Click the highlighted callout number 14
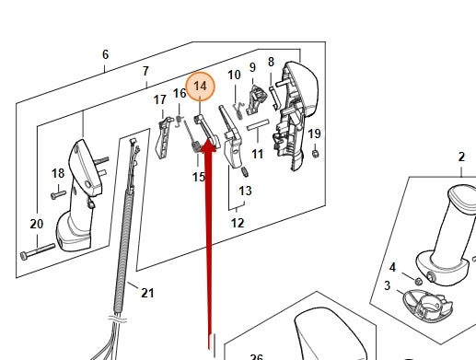(x=201, y=87)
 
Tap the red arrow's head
(x=209, y=145)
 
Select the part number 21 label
(x=147, y=293)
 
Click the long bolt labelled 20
(x=38, y=251)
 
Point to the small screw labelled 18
(x=58, y=194)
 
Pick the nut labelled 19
(x=315, y=153)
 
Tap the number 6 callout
(x=105, y=54)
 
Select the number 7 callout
(x=145, y=71)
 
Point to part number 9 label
(x=252, y=67)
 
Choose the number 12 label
(x=238, y=223)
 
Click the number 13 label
(x=245, y=191)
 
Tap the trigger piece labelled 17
(x=165, y=137)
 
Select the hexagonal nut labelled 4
(x=417, y=281)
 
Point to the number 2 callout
(x=461, y=157)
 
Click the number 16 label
(x=180, y=93)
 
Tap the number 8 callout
(x=271, y=62)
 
